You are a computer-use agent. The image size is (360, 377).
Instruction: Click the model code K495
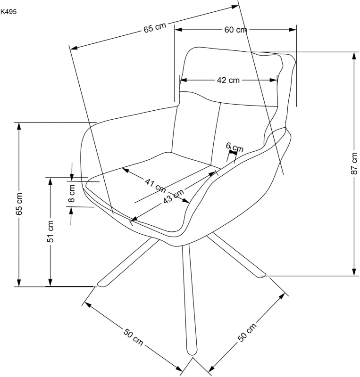point(9,12)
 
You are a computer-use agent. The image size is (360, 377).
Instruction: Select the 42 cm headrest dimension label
point(228,80)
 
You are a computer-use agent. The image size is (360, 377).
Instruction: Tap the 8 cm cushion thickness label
point(72,193)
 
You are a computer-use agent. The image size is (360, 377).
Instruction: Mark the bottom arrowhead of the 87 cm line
point(354,272)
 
